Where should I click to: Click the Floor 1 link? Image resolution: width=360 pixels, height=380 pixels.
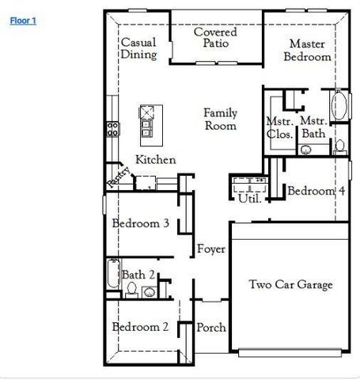(23, 21)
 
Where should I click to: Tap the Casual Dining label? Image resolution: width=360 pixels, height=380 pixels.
(138, 48)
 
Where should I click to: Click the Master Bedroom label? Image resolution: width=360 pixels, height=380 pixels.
(307, 51)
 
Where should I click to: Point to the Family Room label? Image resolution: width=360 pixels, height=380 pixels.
(220, 120)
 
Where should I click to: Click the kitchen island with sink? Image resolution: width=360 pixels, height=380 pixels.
(147, 120)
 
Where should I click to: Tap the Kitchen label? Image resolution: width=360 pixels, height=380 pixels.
(155, 160)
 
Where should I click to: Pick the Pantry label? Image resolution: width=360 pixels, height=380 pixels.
(116, 178)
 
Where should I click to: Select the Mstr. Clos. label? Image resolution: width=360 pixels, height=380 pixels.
(280, 127)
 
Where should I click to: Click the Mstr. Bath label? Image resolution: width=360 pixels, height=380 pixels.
(314, 127)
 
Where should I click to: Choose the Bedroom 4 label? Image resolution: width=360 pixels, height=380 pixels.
(316, 191)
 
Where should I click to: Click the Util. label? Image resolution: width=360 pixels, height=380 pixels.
(250, 199)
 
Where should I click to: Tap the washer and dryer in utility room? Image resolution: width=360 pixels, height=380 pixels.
(250, 184)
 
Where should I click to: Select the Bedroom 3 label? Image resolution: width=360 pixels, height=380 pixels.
(140, 223)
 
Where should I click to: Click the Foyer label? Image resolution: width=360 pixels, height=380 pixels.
(211, 249)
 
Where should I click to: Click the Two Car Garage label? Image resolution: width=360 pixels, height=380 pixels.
(290, 285)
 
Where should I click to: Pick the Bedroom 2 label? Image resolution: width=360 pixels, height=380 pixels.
(140, 327)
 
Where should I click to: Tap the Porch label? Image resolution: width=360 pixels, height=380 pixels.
(211, 327)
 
